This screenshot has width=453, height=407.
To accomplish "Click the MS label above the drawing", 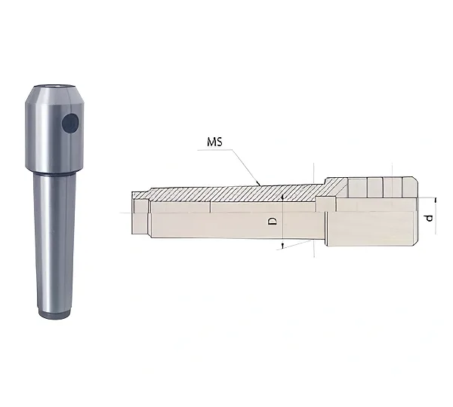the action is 214,142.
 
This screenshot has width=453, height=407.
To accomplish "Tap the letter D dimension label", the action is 273,221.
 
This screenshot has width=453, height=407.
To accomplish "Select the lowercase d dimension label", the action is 430,219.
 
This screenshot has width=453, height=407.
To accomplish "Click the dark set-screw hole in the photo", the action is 70,123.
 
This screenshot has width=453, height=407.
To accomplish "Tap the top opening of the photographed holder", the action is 54,86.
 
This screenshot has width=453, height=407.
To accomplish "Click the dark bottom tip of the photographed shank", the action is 54,314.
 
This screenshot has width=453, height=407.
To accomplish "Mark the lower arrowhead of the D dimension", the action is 283,246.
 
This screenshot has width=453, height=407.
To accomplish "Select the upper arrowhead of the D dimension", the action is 282,197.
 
